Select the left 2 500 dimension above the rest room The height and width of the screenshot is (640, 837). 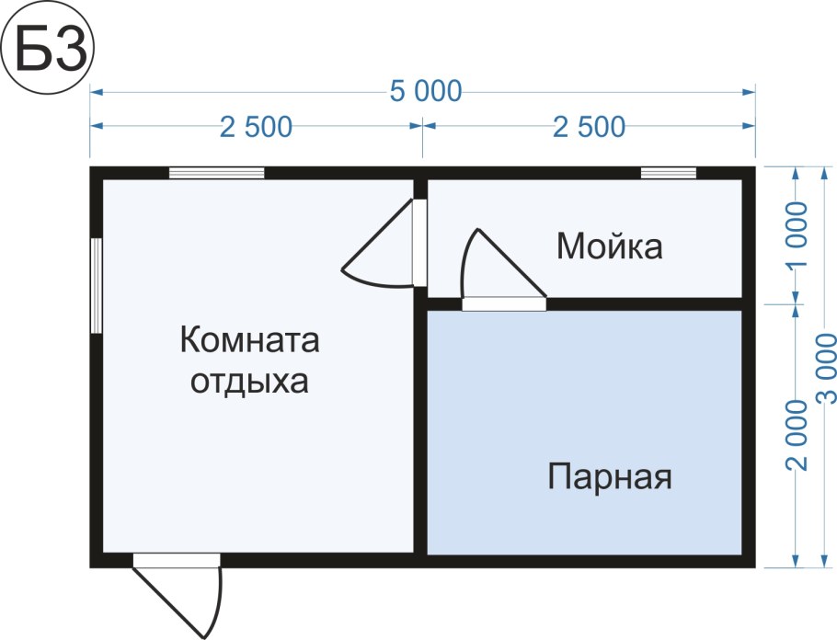coord(256,127)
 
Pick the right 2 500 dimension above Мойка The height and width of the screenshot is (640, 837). coord(589,127)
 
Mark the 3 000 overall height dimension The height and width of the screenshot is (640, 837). coord(826,368)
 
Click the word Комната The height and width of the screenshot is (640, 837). coord(249,341)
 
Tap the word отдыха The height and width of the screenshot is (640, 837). coord(249,381)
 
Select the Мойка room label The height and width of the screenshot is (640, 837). coord(609,246)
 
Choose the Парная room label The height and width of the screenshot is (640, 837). coord(610,477)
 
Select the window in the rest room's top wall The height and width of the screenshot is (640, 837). coord(217,173)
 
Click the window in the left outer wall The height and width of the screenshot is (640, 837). coord(96,285)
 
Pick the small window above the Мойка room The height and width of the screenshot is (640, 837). coord(669,173)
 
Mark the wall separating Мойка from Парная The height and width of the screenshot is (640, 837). coord(644,304)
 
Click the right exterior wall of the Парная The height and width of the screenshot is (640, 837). coord(749,432)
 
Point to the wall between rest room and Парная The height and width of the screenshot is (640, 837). coord(420,432)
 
